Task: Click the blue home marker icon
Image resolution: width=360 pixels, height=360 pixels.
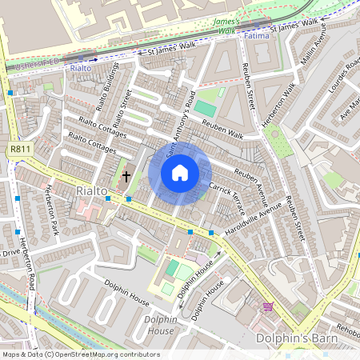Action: point(180,173)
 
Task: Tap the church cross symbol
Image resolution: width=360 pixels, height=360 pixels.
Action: point(126,175)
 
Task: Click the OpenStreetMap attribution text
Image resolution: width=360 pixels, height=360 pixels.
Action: point(80,354)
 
